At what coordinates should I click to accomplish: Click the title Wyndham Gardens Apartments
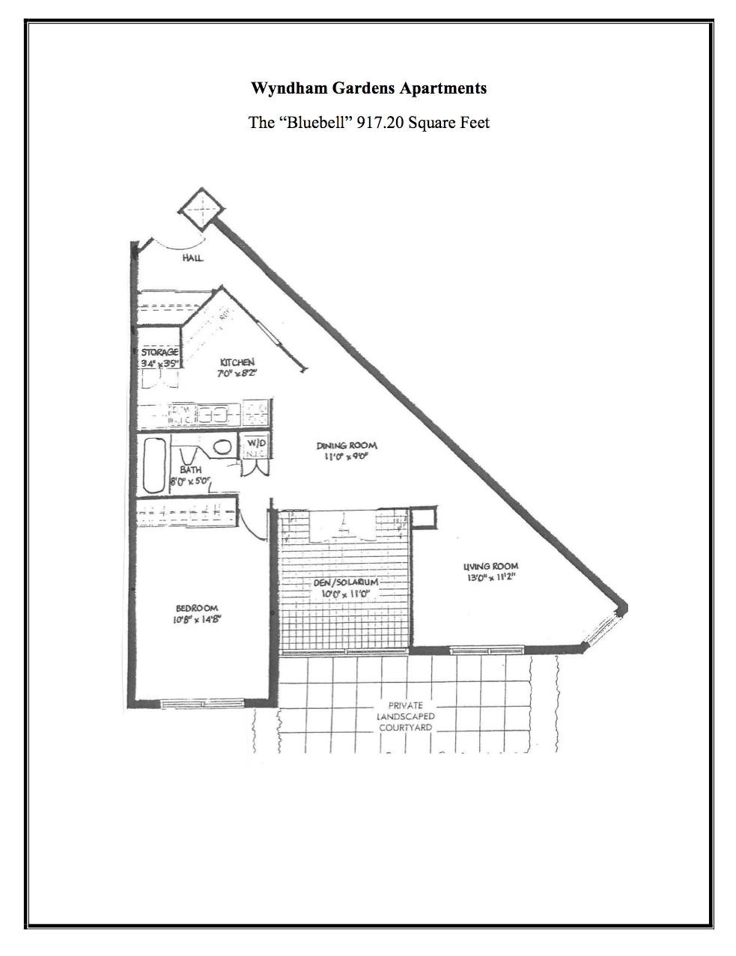[368, 88]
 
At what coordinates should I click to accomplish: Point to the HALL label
[192, 259]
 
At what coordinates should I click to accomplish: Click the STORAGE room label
[159, 352]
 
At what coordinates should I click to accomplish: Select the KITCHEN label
[237, 362]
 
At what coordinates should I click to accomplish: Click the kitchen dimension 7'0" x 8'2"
[237, 373]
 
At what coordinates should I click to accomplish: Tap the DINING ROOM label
[347, 445]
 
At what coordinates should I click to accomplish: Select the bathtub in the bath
[154, 465]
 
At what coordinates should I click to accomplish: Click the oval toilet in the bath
[222, 447]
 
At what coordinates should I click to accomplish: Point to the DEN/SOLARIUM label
[346, 582]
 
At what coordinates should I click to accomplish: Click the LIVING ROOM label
[490, 566]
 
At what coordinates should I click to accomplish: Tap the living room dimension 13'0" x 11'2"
[490, 576]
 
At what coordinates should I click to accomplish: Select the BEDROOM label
[197, 608]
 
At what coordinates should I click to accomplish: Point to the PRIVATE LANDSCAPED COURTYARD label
[406, 716]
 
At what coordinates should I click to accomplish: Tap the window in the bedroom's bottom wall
[203, 703]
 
